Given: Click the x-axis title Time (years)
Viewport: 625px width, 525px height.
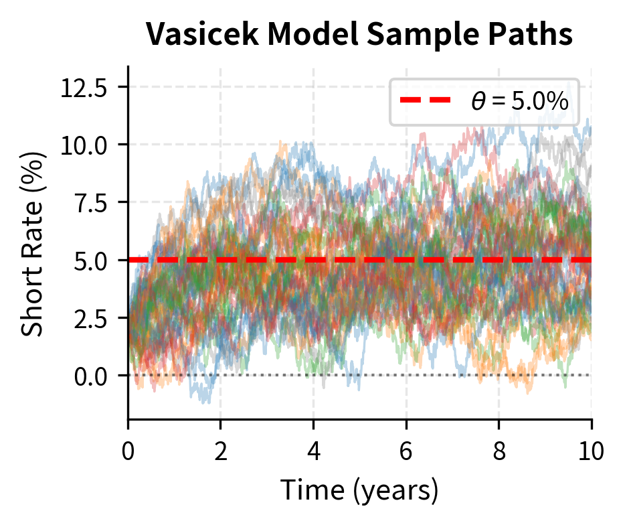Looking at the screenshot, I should coord(359,490).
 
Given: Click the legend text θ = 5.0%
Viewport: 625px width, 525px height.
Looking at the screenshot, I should coord(519,102).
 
